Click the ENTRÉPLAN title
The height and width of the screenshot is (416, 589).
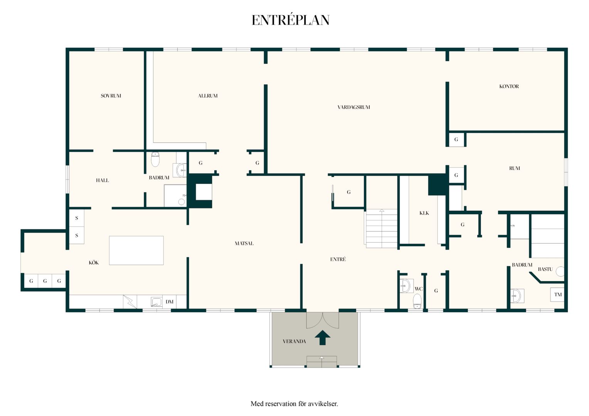[291, 20]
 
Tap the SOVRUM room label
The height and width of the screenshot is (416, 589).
[111, 96]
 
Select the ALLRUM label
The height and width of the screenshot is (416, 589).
[208, 96]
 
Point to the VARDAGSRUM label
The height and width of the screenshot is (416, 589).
[353, 107]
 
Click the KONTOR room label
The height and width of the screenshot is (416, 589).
[509, 86]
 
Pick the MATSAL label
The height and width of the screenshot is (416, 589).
[244, 243]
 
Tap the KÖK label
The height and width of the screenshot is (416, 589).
[94, 263]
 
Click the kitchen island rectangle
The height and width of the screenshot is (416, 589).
[136, 250]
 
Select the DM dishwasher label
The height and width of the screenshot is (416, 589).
[169, 302]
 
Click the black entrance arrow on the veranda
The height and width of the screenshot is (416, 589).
[323, 337]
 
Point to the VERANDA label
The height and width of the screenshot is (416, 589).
[294, 341]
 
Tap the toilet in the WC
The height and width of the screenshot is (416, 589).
[417, 301]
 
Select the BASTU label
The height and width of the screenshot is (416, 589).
[545, 269]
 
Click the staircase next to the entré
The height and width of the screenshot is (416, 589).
[382, 228]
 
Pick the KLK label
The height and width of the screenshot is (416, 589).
[424, 213]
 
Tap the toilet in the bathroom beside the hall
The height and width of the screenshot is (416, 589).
[155, 159]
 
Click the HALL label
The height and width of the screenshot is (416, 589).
[102, 180]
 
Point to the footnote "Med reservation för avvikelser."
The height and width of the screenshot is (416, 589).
[294, 404]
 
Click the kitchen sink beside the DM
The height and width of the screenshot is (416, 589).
[156, 302]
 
